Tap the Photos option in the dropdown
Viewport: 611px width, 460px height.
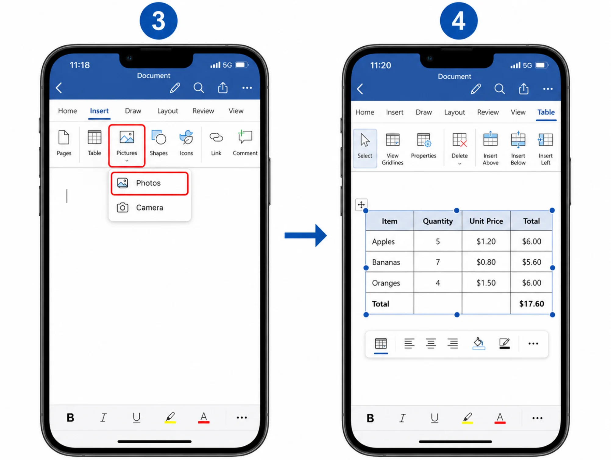pos(149,183)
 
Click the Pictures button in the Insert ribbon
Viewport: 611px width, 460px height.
pos(127,145)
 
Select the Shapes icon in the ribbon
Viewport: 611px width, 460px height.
pos(159,143)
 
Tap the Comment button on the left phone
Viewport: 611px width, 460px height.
pos(245,143)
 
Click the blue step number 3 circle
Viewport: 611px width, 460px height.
pos(158,21)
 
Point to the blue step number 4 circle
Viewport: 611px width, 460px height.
pos(459,21)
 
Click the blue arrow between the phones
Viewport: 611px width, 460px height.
pos(306,235)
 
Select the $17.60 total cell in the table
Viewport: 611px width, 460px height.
pos(531,304)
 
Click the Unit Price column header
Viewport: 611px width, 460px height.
pos(486,221)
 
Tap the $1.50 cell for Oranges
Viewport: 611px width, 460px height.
pos(486,283)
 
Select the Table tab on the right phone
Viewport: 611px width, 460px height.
pos(546,112)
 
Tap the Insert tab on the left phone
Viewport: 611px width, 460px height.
pos(99,111)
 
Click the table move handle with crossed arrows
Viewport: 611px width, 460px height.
pos(361,204)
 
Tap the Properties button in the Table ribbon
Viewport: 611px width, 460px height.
pos(424,146)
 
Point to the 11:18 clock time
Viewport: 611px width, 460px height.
pos(80,65)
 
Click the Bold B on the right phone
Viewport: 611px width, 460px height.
pos(370,418)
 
